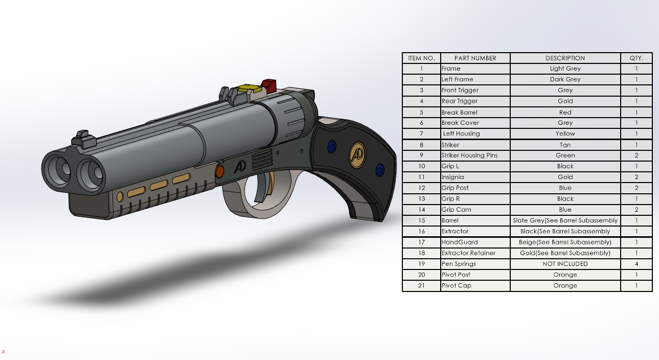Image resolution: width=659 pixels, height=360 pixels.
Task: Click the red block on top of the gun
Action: (268, 84)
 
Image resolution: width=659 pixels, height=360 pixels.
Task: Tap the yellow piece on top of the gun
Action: (248, 88)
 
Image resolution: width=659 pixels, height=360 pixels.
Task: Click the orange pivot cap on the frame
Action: (220, 171)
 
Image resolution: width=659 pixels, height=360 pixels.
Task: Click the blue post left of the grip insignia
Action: (331, 147)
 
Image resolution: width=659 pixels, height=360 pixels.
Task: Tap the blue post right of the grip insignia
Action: (379, 169)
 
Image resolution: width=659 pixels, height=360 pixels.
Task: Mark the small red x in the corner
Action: (4, 351)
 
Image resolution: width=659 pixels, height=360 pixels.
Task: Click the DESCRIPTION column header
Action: (565, 58)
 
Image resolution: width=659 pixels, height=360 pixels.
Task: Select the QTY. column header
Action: (637, 58)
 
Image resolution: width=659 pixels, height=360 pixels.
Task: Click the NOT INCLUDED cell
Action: (565, 264)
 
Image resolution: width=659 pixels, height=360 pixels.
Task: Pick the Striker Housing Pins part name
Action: (469, 155)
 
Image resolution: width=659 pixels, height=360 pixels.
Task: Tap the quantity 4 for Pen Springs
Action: (637, 264)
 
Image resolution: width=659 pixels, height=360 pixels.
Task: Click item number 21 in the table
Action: (421, 286)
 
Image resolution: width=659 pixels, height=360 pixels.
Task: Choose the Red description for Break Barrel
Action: (565, 112)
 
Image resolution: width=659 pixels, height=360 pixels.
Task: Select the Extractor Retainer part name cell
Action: (468, 253)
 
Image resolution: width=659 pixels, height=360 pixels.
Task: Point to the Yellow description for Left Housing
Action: (565, 133)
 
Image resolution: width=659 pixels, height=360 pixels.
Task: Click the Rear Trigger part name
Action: (459, 101)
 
